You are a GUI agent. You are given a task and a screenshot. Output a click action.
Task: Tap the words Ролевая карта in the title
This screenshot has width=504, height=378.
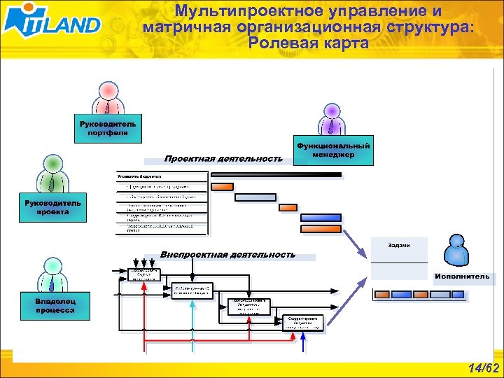point(307,43)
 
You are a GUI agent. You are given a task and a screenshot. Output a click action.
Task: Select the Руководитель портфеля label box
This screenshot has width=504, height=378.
point(108,129)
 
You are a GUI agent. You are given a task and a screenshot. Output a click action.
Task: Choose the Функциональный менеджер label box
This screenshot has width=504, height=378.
point(333,150)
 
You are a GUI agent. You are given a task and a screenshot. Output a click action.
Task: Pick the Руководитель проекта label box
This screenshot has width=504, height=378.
point(52,208)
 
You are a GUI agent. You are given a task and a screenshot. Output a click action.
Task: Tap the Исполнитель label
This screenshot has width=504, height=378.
point(461,276)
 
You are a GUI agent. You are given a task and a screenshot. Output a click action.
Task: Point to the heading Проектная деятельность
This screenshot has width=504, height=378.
point(223,159)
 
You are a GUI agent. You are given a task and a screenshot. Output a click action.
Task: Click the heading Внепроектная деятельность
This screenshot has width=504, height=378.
point(227,255)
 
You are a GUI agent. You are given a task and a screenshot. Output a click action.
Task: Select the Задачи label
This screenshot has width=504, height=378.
point(398,246)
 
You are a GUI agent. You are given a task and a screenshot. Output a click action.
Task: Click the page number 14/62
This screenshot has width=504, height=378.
point(484,368)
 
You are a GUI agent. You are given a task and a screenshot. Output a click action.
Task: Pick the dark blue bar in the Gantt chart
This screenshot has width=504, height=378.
point(321,227)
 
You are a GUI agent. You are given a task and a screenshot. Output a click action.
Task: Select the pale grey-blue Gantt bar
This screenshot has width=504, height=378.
point(255,197)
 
